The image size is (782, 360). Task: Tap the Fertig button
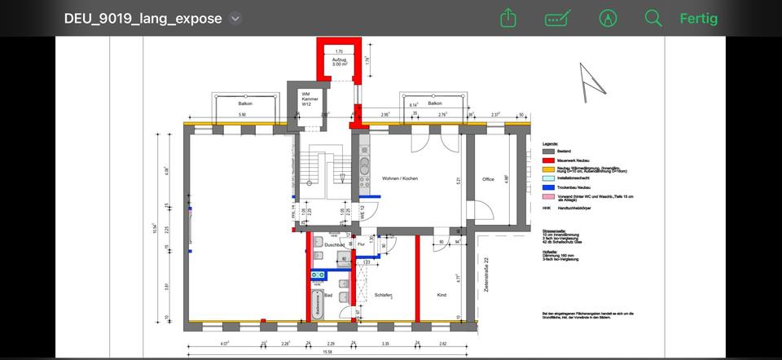click(x=698, y=18)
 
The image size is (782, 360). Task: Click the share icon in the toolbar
click(x=508, y=18)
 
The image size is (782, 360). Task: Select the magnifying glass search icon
click(x=652, y=18)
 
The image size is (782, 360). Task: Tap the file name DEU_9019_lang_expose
click(x=143, y=19)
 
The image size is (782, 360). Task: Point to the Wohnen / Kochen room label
click(x=399, y=178)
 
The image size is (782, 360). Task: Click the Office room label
click(x=488, y=179)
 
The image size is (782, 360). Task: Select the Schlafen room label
click(x=384, y=295)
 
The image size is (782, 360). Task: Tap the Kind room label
click(x=442, y=295)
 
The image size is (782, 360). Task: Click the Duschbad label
click(x=334, y=244)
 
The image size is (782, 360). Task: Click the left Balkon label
click(x=245, y=103)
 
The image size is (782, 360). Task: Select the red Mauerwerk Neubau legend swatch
click(x=547, y=160)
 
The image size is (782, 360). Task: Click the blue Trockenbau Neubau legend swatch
click(x=547, y=188)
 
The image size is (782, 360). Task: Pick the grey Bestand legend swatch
click(x=547, y=151)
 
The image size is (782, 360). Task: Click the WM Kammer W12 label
click(x=306, y=99)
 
